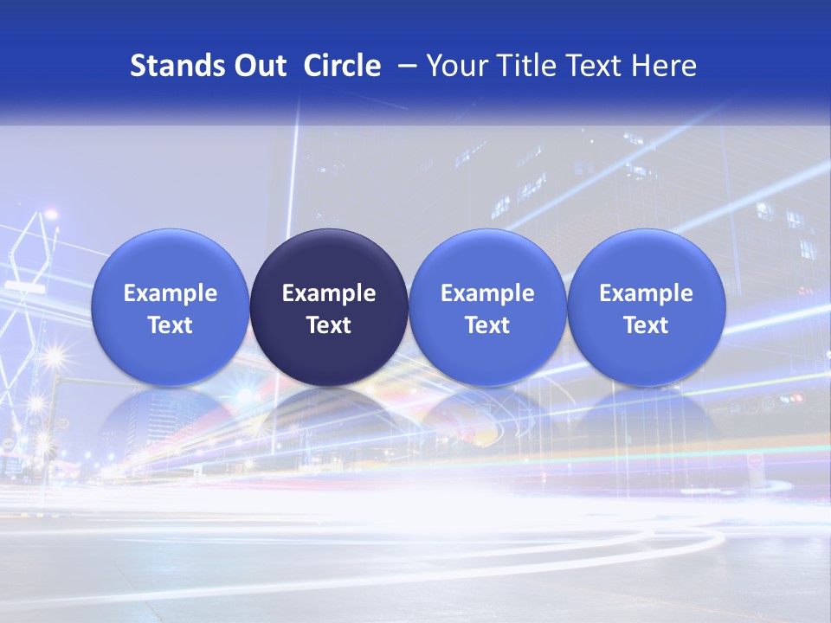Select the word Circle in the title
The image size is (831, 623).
pos(342,66)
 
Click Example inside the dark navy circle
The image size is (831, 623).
pos(329,293)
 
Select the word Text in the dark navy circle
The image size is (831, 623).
pos(329,325)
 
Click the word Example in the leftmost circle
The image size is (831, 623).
pos(171,293)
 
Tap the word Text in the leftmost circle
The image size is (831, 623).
pos(171,325)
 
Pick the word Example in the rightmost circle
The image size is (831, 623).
pos(646,293)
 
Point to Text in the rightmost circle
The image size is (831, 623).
pos(646,325)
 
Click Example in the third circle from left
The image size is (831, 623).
pos(487,293)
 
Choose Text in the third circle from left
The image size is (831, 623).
pos(487,325)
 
